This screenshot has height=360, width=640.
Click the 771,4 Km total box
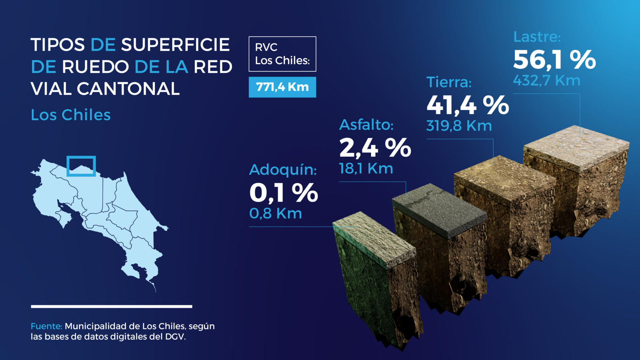click(x=282, y=87)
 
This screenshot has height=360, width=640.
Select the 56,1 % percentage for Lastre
click(x=554, y=60)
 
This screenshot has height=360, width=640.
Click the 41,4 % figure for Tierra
click(x=468, y=106)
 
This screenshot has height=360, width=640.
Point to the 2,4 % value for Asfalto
click(x=375, y=148)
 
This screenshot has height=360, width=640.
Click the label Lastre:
click(x=537, y=37)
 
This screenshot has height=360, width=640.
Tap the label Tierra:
click(x=449, y=82)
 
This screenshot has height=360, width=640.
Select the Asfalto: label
click(x=366, y=125)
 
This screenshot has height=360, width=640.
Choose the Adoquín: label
click(x=283, y=170)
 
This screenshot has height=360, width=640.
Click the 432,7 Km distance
click(x=546, y=80)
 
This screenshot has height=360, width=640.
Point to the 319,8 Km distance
click(x=459, y=126)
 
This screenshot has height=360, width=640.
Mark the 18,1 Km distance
click(x=366, y=168)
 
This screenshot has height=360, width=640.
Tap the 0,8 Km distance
click(x=276, y=214)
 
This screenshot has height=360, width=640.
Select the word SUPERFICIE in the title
click(x=176, y=45)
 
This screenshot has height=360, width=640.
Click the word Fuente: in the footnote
click(x=46, y=326)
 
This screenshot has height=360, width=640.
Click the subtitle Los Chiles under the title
click(x=70, y=115)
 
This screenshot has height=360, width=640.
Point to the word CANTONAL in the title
click(x=128, y=89)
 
